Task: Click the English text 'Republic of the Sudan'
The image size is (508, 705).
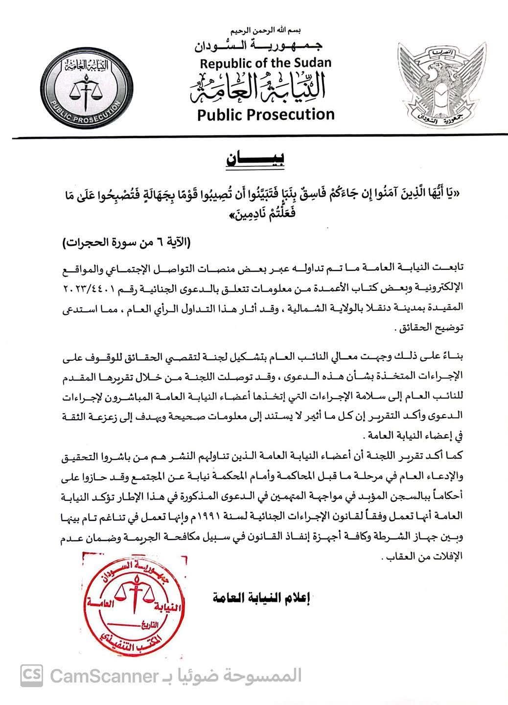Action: tap(265, 63)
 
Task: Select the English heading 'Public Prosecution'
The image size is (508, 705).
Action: tap(265, 115)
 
